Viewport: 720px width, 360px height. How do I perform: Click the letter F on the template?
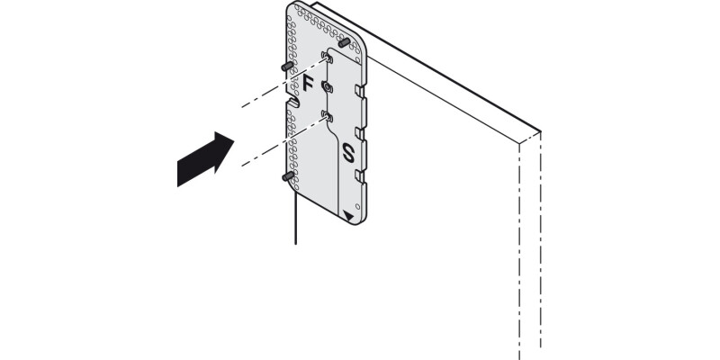coord(307,85)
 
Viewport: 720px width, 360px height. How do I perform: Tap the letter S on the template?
coord(350,152)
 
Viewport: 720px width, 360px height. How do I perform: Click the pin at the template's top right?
coord(344,42)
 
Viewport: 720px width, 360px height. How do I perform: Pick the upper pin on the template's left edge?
coord(285,67)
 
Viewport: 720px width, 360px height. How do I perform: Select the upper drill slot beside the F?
coord(328,58)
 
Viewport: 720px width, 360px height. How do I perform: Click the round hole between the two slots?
coord(327,87)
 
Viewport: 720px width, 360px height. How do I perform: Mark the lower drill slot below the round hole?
coord(326,116)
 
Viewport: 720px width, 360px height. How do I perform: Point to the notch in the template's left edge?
coord(292,103)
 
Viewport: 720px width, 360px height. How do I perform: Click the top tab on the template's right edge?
coord(362,91)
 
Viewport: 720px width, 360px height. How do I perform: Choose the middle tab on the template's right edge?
coord(362,132)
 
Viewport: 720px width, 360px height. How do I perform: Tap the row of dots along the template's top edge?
coord(319,16)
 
